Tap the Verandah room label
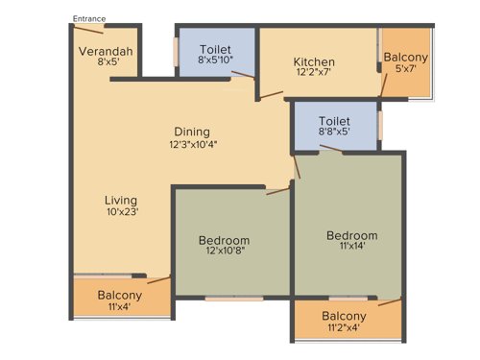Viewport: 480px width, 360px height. (106, 51)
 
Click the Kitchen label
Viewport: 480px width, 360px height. (314, 63)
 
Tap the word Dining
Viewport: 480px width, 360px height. (192, 132)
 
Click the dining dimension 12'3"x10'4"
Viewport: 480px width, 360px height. (192, 145)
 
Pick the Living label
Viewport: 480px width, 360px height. (122, 200)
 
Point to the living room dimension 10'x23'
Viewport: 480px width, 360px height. (122, 213)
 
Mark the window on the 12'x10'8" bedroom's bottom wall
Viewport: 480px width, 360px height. (233, 299)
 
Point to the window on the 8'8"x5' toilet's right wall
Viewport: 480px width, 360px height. (380, 125)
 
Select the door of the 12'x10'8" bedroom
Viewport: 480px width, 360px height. (278, 189)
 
